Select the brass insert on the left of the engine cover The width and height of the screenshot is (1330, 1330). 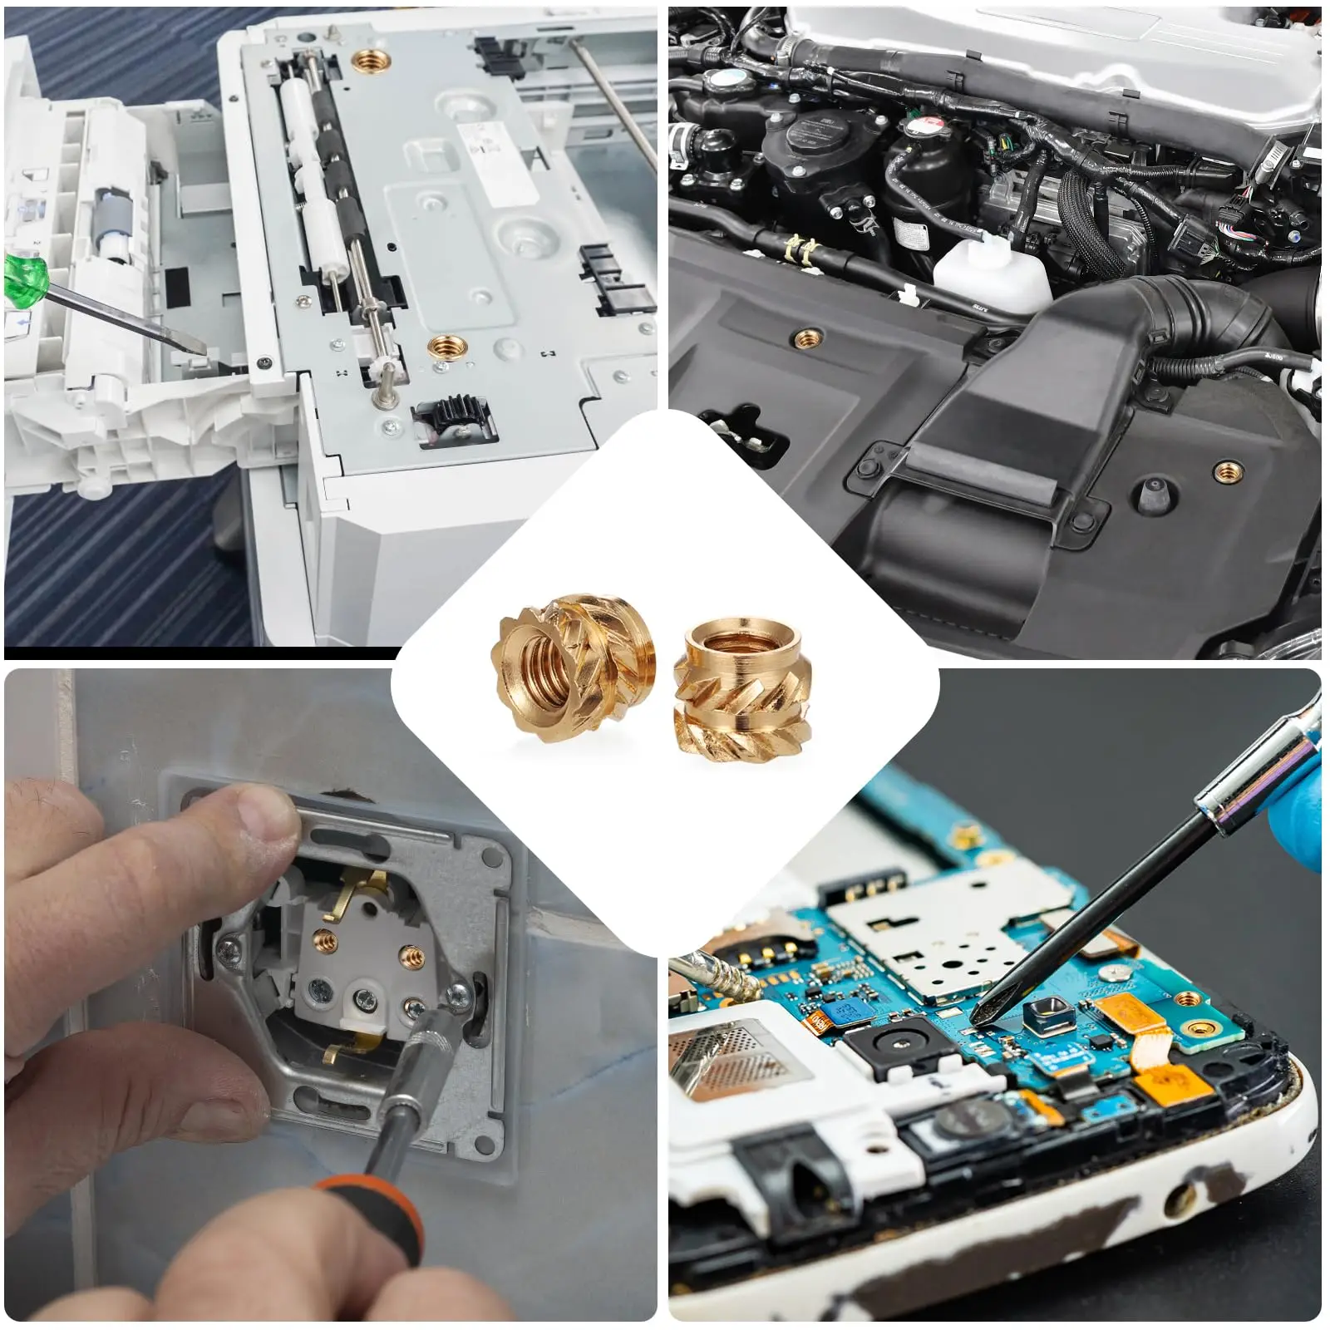coord(805,337)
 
